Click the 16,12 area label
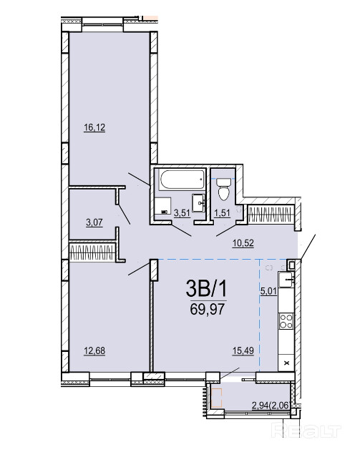point(94,127)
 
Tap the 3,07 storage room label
point(94,222)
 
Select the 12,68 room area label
point(94,350)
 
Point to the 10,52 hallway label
point(243,242)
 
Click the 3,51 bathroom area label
point(182,212)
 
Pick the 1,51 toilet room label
point(223,212)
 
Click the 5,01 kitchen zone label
point(268,291)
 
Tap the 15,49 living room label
point(243,350)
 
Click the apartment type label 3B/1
point(207,289)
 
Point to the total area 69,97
point(207,309)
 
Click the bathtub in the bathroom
point(182,180)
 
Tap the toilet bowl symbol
point(224,190)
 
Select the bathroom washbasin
point(199,202)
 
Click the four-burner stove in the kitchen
point(286,322)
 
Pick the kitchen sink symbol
point(286,280)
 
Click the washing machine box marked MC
point(162,207)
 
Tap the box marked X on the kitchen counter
point(286,363)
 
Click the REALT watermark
point(306,431)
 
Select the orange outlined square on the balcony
point(217,398)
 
